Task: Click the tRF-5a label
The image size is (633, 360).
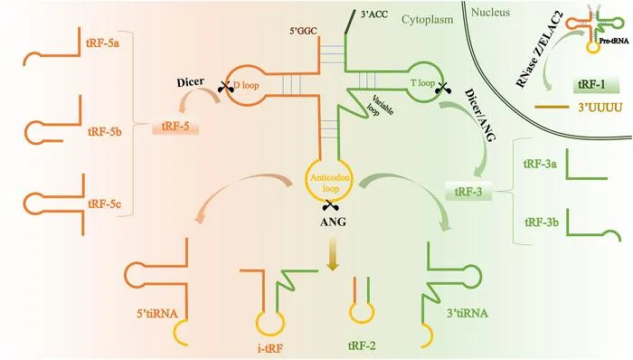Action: coord(102,43)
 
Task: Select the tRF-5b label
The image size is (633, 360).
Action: coord(105,132)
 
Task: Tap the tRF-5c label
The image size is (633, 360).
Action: coord(104,204)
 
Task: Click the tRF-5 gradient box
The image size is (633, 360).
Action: coord(175,127)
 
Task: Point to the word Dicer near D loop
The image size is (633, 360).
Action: coord(190,82)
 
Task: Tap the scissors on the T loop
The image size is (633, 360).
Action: coord(443,88)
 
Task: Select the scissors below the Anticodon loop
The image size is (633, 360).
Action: coord(330,206)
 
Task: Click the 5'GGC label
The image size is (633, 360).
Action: coord(303,31)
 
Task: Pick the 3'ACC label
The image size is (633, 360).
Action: coord(373,14)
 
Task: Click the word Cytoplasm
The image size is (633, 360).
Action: coord(427,20)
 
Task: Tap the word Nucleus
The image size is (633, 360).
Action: coord(490,13)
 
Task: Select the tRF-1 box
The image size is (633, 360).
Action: coord(596,85)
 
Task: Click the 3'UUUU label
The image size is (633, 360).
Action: coord(600,108)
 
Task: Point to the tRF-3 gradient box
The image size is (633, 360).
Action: coord(468,191)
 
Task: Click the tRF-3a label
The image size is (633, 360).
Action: coord(540,165)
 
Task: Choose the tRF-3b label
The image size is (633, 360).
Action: coord(542,222)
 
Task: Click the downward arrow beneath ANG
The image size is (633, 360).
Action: coord(332,253)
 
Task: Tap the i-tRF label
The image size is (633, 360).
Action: coord(270,348)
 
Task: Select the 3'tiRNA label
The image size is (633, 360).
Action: coord(468,313)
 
